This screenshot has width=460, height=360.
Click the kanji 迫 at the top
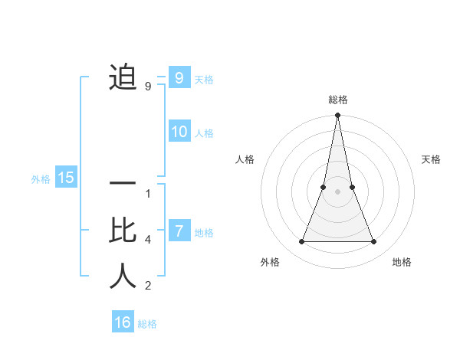point(123,77)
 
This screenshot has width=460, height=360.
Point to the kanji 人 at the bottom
point(123,275)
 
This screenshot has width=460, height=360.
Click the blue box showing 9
point(179,77)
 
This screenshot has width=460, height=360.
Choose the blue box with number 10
point(179,131)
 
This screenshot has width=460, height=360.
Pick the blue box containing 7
point(179,231)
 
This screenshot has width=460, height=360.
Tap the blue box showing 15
point(66,178)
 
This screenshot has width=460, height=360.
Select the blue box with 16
point(123,322)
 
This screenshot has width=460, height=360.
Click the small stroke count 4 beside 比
point(148,240)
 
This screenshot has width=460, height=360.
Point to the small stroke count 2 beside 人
point(148,286)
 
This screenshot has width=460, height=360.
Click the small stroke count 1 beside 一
point(148,194)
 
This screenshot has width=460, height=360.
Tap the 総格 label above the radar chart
point(337,100)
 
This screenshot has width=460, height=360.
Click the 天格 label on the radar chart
point(431,159)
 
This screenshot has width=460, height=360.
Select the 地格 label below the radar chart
point(402,262)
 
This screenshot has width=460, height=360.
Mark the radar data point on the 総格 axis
point(337,116)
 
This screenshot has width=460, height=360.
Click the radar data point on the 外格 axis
point(301,242)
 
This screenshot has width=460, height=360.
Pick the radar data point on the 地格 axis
point(374,242)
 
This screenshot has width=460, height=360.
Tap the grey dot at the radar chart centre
point(337,191)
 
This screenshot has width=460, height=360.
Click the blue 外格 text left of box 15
point(41,179)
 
